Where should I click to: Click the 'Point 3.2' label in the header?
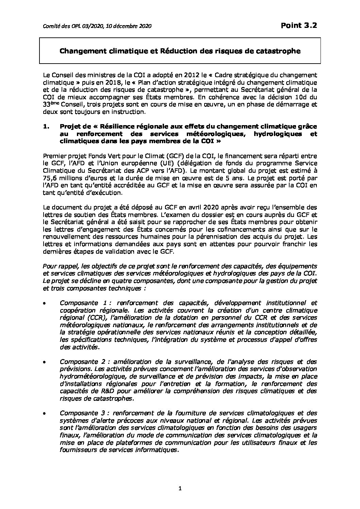coord(299,26)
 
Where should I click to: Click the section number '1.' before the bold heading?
coord(47,126)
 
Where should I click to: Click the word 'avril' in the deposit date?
coord(149,207)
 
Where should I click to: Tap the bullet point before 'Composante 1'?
coord(45,303)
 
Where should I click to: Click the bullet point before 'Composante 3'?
coord(45,413)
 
